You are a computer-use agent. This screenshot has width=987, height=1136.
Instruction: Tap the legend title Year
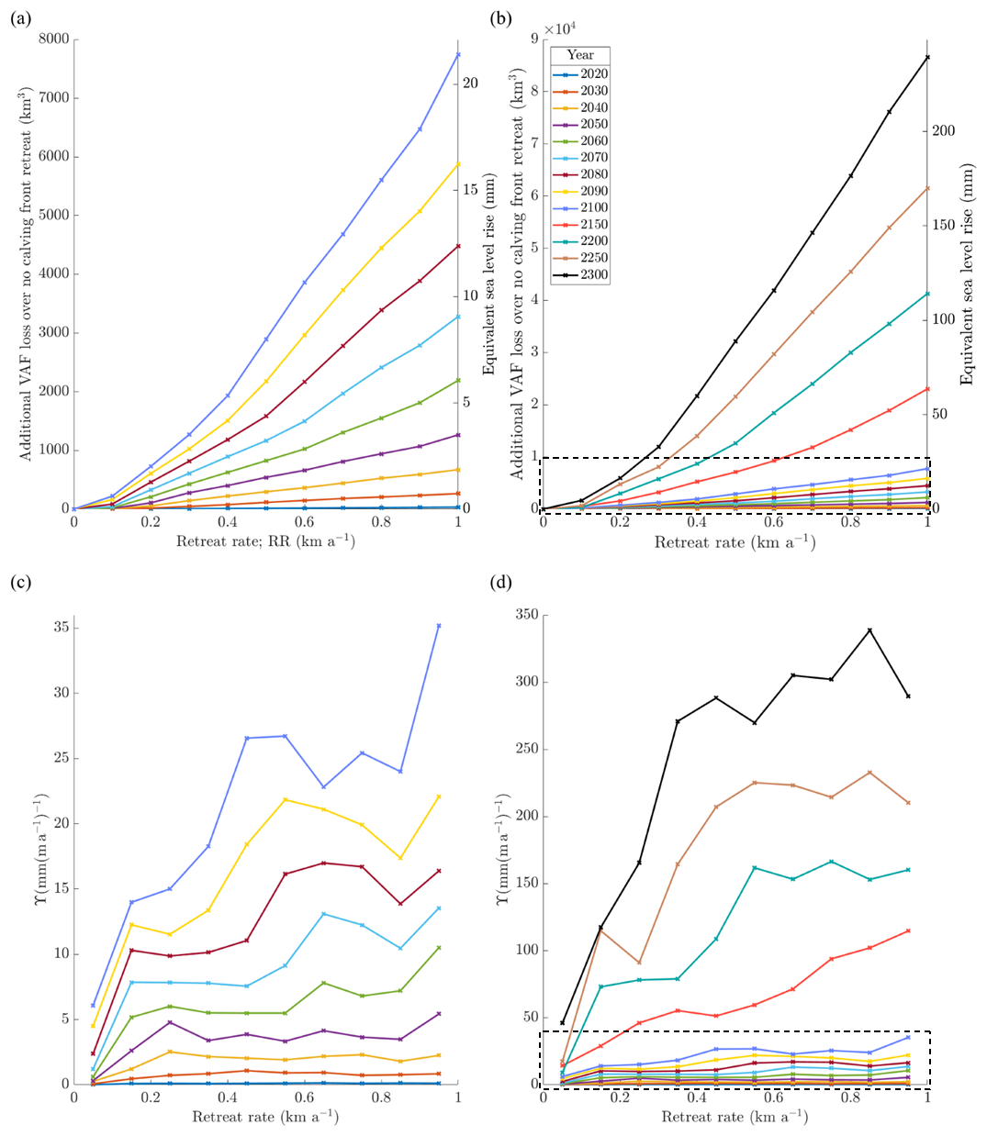(580, 55)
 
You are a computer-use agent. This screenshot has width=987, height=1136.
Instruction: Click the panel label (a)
(20, 18)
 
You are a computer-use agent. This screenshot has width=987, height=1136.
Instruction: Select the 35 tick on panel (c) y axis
(60, 629)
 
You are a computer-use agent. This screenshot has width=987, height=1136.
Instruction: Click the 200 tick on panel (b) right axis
(943, 131)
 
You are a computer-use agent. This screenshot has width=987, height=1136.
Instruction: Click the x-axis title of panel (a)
(265, 541)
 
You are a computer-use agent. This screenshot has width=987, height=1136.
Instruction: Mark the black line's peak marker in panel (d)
(869, 630)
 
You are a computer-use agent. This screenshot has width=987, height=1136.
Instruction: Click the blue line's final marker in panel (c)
(439, 626)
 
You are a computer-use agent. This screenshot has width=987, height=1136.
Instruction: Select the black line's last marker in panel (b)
(927, 58)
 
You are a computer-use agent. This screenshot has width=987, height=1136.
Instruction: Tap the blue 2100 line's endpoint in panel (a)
(458, 55)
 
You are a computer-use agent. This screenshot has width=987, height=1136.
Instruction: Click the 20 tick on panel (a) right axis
(470, 84)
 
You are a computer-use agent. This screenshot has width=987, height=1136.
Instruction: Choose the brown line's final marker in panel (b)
(927, 188)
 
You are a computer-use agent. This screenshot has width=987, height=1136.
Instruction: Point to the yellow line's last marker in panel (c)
(439, 796)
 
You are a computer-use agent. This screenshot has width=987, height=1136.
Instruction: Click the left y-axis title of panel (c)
(41, 848)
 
